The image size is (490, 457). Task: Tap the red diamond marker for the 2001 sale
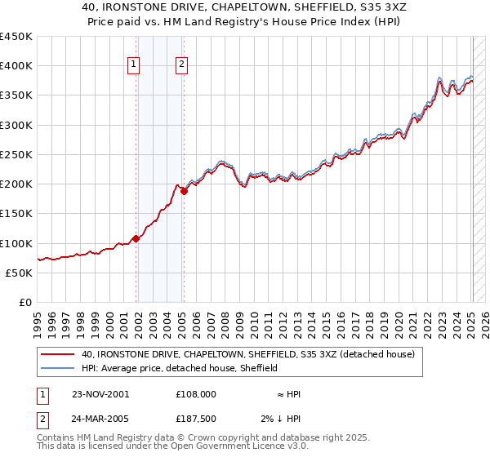coord(136,238)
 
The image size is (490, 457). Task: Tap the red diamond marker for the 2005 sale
coord(185,191)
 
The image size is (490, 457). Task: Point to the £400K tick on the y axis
coord(16,66)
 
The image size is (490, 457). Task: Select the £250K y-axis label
coord(16,154)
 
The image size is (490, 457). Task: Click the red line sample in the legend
coord(58,355)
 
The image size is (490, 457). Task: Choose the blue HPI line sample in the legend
coord(58,369)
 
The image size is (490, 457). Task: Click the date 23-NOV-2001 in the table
coord(100,394)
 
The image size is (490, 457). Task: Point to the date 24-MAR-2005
coord(100,419)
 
